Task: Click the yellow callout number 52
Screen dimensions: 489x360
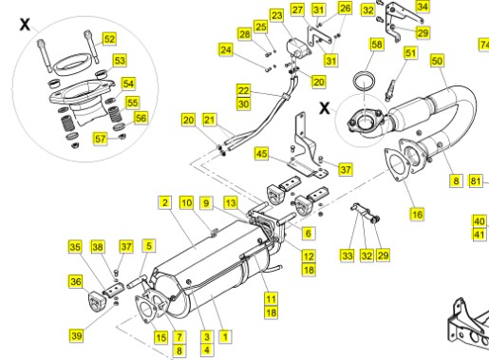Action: click(x=109, y=39)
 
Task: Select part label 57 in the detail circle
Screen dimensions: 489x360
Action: click(x=100, y=139)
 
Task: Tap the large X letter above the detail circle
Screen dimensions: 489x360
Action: click(x=25, y=24)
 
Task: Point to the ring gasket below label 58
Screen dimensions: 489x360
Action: click(x=365, y=83)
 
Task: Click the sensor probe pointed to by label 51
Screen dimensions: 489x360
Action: click(x=390, y=88)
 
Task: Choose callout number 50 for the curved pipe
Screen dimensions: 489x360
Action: click(x=437, y=61)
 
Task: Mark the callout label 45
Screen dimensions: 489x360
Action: click(x=261, y=154)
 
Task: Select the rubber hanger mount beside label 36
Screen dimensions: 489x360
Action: click(x=95, y=302)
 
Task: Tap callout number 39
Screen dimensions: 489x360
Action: click(x=76, y=335)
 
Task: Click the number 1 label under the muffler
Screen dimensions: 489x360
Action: click(x=225, y=336)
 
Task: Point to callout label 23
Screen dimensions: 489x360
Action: click(x=277, y=15)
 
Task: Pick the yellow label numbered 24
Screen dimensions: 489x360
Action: click(x=226, y=50)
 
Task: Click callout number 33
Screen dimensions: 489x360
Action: click(x=348, y=256)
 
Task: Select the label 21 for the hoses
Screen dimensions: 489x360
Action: click(x=209, y=120)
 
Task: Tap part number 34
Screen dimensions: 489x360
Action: click(x=423, y=7)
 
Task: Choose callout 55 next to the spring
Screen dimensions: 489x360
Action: click(x=132, y=103)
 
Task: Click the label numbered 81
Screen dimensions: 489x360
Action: click(x=476, y=180)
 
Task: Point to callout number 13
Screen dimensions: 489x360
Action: click(x=231, y=202)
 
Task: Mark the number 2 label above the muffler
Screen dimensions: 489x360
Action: click(x=164, y=202)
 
